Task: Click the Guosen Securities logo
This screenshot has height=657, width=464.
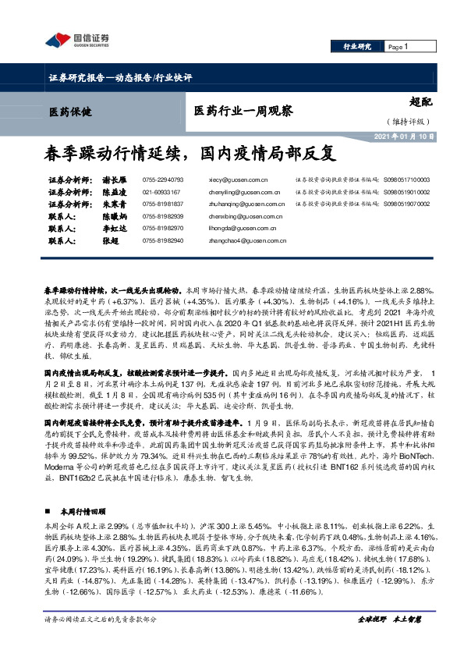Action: pyautogui.click(x=77, y=40)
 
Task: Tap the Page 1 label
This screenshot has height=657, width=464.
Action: pyautogui.click(x=398, y=47)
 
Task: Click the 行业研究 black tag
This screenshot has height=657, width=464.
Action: pyautogui.click(x=357, y=47)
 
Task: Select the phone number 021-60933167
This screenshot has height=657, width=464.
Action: pyautogui.click(x=161, y=191)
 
